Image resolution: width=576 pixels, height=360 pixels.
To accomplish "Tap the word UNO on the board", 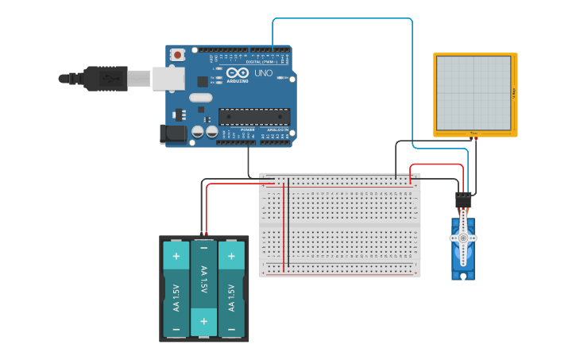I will tap(263, 73).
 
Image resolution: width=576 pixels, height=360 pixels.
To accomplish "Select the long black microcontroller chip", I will tap(253, 116).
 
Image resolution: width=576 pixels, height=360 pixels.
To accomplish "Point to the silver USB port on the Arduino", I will tap(168, 78).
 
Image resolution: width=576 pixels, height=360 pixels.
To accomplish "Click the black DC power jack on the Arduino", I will tap(172, 134).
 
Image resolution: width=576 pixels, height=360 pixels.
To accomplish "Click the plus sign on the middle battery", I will tap(204, 321).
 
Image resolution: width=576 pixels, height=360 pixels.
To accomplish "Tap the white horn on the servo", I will tap(463, 236).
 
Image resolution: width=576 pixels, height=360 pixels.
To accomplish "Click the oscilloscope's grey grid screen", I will tap(474, 92).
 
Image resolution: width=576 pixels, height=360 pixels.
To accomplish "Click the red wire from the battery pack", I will tap(207, 211).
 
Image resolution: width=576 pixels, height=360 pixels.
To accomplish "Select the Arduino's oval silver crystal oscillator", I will tap(201, 99).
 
